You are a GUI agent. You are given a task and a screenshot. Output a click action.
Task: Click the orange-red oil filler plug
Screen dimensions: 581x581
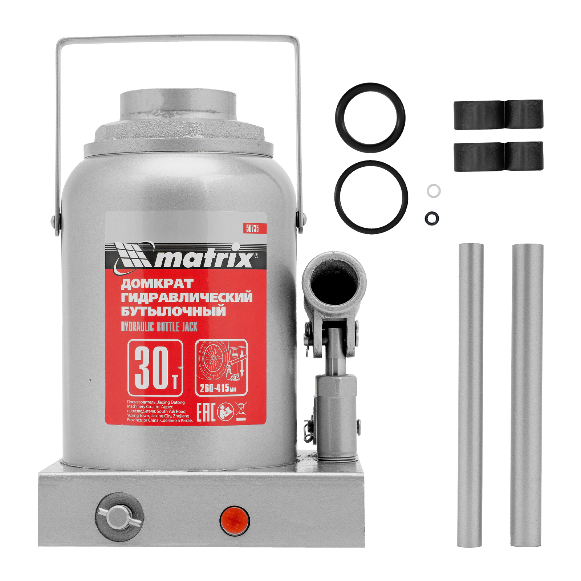235,520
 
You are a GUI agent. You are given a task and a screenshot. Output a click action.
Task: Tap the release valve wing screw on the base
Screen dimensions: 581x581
119,516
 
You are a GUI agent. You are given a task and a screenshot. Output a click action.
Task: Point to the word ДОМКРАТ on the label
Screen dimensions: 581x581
157,284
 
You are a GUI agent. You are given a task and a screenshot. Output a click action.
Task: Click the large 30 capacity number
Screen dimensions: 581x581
152,367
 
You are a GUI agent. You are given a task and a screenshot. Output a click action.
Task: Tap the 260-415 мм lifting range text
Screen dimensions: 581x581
218,388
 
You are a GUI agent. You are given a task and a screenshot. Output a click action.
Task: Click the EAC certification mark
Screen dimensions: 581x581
206,412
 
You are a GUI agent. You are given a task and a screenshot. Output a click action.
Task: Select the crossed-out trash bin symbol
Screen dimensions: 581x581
241,411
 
